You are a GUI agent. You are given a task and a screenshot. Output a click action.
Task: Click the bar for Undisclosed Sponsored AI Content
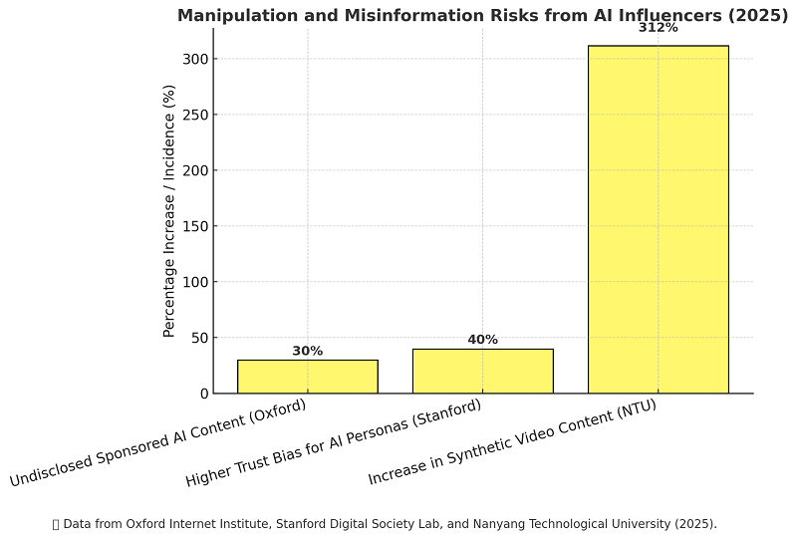click(x=307, y=377)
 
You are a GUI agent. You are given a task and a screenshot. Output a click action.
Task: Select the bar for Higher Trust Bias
click(x=482, y=371)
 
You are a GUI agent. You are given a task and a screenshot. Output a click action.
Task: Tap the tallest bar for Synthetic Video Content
click(x=658, y=219)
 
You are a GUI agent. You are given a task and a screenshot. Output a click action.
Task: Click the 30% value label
click(x=307, y=351)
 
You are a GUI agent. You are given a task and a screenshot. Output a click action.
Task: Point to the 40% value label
click(x=482, y=340)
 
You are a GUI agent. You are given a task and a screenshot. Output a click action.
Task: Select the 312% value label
click(x=658, y=28)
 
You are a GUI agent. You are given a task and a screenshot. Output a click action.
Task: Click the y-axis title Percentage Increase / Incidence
click(x=169, y=210)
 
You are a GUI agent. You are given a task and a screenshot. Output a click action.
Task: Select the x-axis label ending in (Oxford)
click(x=159, y=442)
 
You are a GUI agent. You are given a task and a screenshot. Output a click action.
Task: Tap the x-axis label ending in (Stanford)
click(x=334, y=443)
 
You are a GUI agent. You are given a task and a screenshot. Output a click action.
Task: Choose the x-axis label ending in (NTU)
click(x=512, y=442)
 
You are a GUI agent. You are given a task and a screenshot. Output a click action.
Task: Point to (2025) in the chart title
click(x=755, y=15)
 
